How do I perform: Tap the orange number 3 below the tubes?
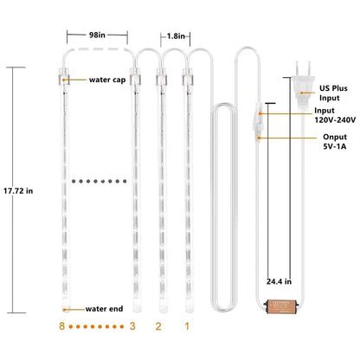132,326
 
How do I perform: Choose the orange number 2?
158,326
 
